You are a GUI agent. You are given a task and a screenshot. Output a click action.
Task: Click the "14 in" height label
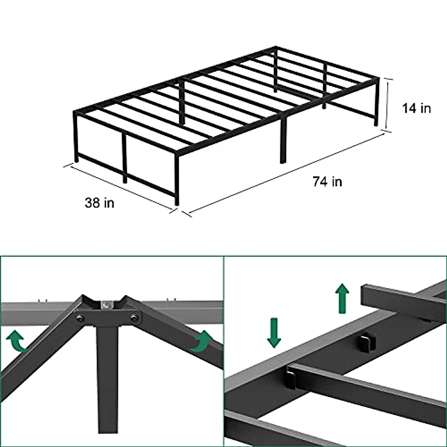tap(416, 108)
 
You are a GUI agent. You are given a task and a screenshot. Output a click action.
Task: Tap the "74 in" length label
tap(327, 181)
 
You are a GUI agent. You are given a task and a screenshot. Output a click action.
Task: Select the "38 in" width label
tap(99, 203)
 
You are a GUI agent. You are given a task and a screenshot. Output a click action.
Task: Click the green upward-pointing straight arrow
tap(342, 298)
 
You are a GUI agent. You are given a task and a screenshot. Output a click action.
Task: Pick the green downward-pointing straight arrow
tap(274, 333)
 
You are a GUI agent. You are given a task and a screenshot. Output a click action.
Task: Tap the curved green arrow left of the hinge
tap(17, 342)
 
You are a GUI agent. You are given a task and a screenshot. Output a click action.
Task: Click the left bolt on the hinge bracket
tap(79, 318)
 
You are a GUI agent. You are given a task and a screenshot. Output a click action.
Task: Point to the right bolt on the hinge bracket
tap(134, 318)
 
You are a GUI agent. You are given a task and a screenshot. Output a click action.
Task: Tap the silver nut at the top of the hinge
tap(107, 304)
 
